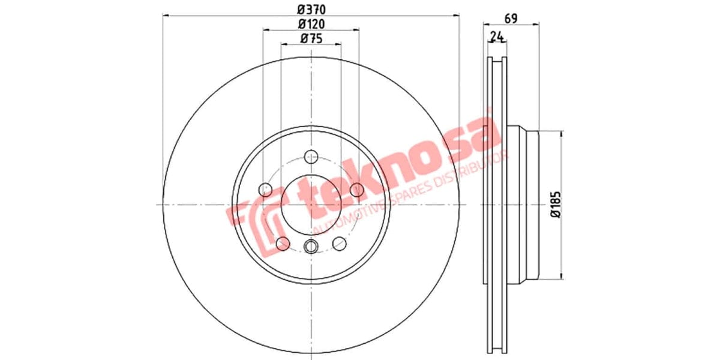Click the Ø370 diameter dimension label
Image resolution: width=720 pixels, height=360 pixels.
[311, 10]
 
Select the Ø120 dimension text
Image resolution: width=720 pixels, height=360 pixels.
[311, 25]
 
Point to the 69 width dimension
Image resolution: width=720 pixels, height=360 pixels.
[511, 18]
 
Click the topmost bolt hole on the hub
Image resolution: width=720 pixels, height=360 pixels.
[311, 157]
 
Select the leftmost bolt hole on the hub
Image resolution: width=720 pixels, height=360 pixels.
[265, 190]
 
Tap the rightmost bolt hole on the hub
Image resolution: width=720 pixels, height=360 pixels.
[356, 190]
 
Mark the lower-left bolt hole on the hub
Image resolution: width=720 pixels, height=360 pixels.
[283, 243]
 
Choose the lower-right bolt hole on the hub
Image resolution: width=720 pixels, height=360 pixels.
[339, 243]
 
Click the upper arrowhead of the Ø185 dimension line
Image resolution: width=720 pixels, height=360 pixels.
[562, 135]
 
